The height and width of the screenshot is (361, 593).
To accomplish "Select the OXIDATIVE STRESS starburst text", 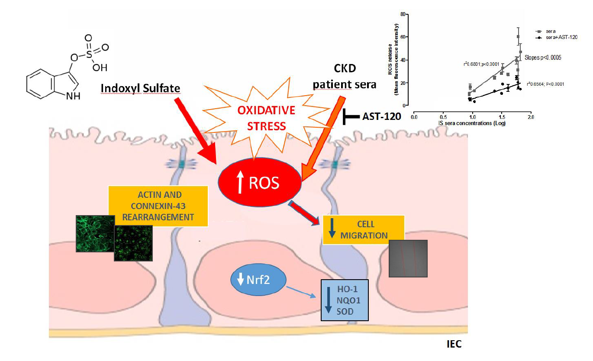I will click(x=266, y=118).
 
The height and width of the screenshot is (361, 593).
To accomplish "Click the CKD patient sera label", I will click(x=345, y=77).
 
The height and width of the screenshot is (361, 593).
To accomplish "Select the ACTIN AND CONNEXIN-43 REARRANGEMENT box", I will click(x=158, y=206).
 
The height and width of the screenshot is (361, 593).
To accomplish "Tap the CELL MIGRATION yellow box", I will click(x=364, y=230).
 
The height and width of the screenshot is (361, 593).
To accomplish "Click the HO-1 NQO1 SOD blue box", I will click(x=345, y=300).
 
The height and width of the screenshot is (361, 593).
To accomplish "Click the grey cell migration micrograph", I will click(x=408, y=258).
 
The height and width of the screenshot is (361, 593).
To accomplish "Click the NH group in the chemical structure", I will click(x=73, y=96).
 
